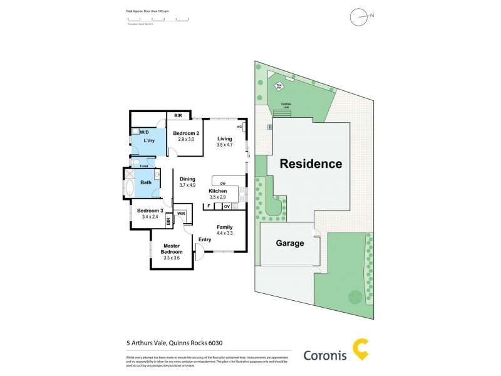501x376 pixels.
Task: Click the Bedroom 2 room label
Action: click(186, 133)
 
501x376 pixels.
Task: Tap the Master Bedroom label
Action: click(172, 249)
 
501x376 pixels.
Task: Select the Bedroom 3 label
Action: click(150, 210)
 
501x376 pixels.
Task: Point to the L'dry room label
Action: click(149, 141)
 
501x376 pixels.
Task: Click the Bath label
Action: click(146, 182)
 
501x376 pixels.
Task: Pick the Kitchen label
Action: click(217, 191)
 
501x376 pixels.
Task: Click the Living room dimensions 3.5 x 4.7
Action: click(224, 145)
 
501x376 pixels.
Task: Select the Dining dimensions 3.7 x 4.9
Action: click(188, 185)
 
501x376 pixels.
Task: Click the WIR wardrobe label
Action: click(181, 214)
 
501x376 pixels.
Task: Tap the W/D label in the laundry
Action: click(144, 132)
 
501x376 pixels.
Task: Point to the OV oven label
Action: click(227, 206)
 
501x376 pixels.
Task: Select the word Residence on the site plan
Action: click(311, 164)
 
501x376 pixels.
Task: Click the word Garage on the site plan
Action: click(290, 243)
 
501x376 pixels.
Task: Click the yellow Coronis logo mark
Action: click(361, 350)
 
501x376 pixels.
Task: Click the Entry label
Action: click(205, 239)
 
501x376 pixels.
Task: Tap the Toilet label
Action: click(143, 166)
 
